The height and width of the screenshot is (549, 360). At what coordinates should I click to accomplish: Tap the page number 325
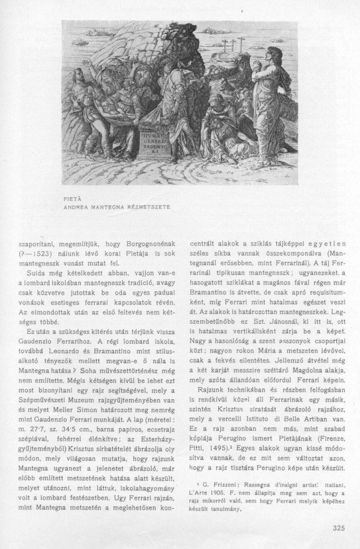point(339,528)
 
